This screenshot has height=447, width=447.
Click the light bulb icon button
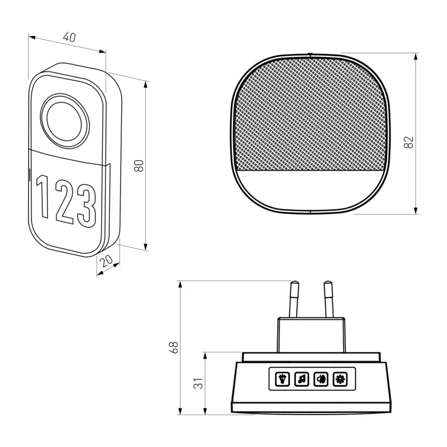point(282,379)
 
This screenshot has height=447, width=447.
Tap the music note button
point(302,379)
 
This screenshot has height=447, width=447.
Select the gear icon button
point(340,379)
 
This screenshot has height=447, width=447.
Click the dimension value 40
point(69,37)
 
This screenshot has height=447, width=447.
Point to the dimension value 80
point(139,165)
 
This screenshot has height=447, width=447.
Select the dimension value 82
point(408,142)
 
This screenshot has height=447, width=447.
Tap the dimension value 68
point(173,347)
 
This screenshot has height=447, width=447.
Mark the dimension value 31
point(198,383)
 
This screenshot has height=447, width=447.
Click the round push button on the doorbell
point(65,121)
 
